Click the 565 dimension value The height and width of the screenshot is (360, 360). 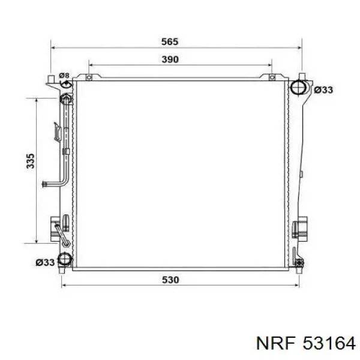pyautogui.click(x=170, y=41)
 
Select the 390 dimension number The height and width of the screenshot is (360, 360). pyautogui.click(x=170, y=59)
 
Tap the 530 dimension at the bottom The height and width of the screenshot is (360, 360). pyautogui.click(x=170, y=280)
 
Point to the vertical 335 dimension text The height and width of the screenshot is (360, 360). pyautogui.click(x=31, y=161)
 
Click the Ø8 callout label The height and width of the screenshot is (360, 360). pyautogui.click(x=64, y=76)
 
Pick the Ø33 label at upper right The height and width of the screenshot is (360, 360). pyautogui.click(x=323, y=90)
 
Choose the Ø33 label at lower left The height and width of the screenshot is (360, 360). pyautogui.click(x=45, y=262)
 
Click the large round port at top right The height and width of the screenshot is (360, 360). pyautogui.click(x=298, y=87)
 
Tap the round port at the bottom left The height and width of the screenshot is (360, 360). pyautogui.click(x=65, y=259)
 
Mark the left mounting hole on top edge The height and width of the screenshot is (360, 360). pyautogui.click(x=89, y=77)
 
